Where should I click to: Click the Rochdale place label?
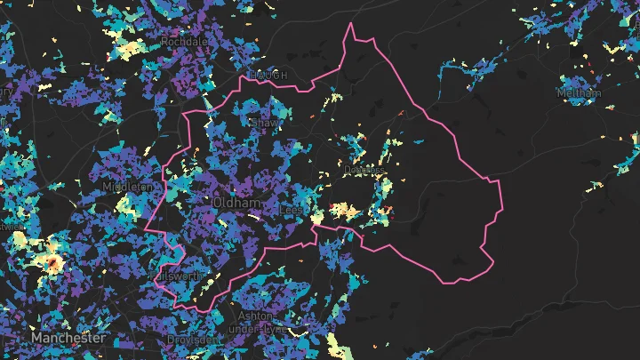click(x=184, y=41)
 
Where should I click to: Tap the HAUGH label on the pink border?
click(x=268, y=76)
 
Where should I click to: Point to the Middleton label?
click(x=128, y=188)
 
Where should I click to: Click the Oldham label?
click(x=236, y=204)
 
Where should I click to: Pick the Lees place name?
click(x=291, y=209)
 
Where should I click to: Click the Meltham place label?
click(x=579, y=92)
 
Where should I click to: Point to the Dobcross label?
click(x=365, y=170)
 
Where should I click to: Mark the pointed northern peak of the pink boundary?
click(x=351, y=25)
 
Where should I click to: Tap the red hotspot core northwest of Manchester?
click(x=53, y=263)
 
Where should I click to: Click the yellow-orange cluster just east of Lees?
click(x=342, y=211)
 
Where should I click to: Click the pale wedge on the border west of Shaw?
click(x=207, y=103)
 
